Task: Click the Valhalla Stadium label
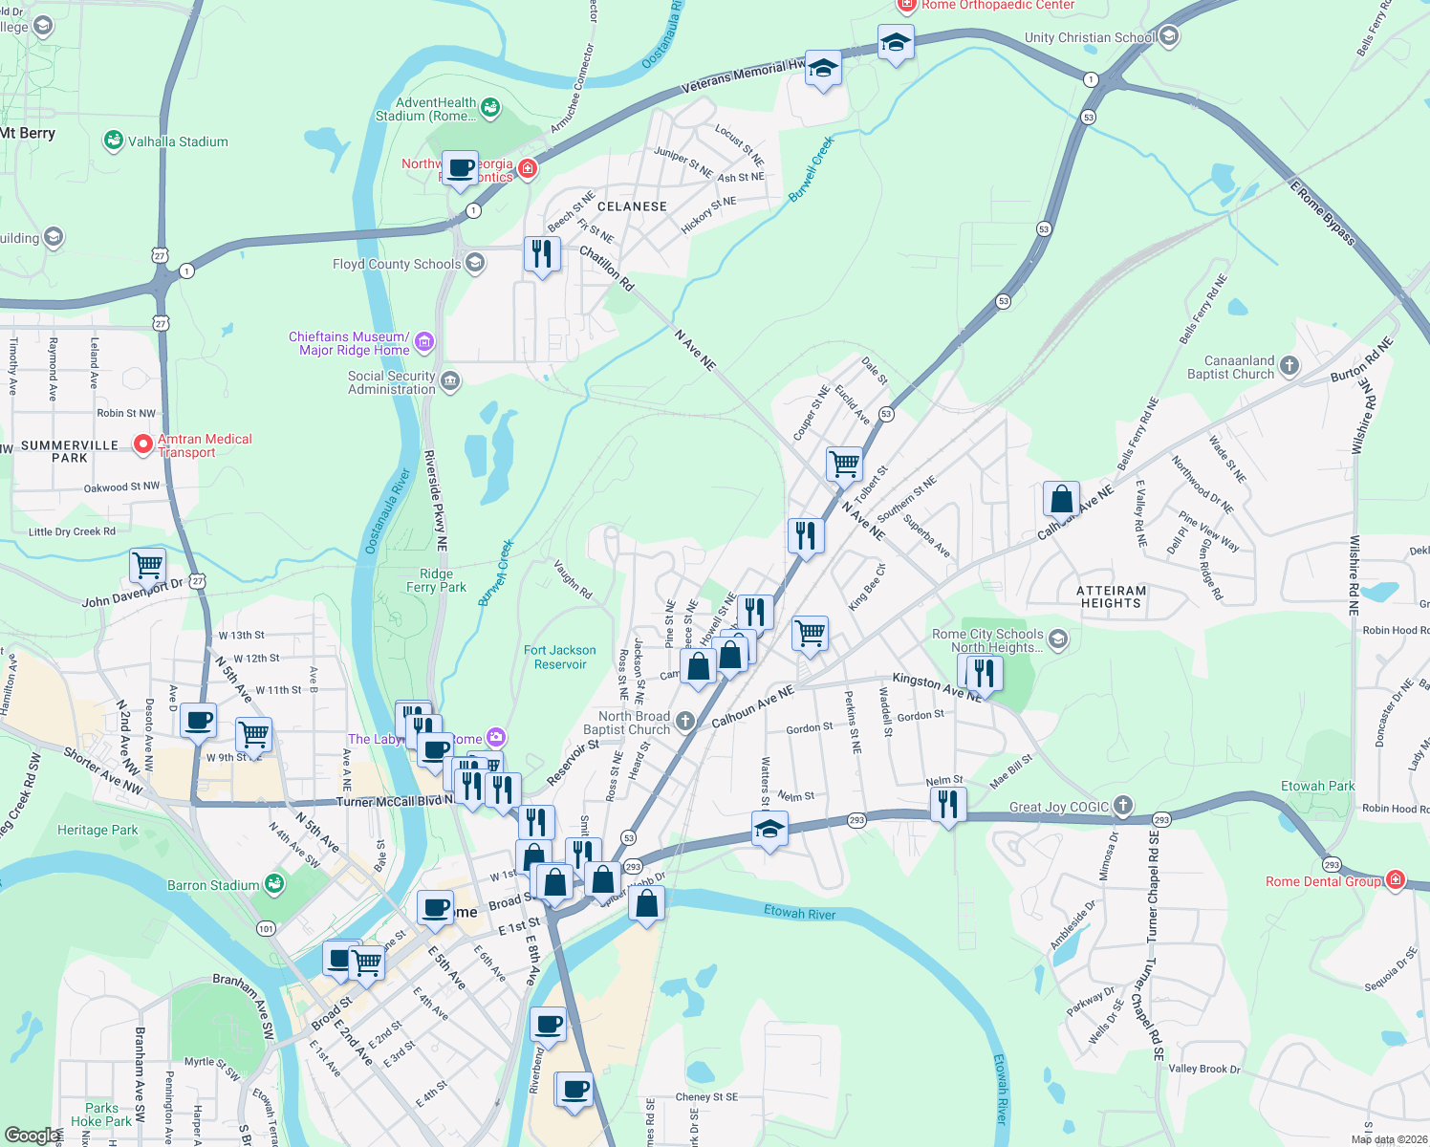178,141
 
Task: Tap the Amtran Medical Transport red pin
143,444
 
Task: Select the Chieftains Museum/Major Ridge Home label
350,343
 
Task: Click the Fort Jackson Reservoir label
560,657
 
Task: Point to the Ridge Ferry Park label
436,580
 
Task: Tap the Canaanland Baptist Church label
1239,367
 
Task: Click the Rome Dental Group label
1323,881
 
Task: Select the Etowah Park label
1317,786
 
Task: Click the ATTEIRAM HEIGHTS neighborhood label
1111,596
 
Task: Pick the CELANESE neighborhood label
632,206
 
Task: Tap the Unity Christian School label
1090,37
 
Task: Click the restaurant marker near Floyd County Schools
542,254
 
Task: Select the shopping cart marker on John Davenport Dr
148,565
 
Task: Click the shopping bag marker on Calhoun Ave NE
1061,499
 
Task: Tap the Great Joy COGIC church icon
1123,806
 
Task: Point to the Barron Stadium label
213,885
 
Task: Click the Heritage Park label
97,830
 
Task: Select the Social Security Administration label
391,382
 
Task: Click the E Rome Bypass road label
1322,212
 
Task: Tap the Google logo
31,1136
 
